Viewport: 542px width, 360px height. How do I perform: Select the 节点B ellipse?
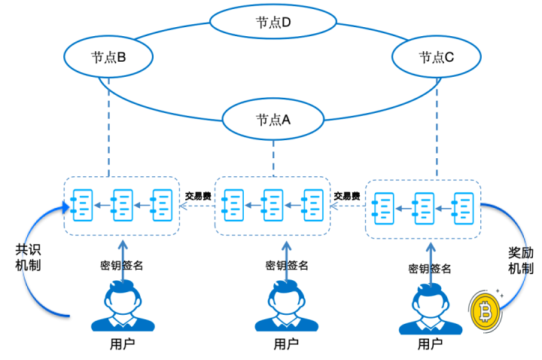pyautogui.click(x=108, y=56)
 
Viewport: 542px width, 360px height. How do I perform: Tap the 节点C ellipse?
pyautogui.click(x=436, y=56)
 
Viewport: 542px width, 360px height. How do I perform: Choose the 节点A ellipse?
pyautogui.click(x=273, y=120)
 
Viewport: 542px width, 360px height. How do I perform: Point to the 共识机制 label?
pyautogui.click(x=29, y=257)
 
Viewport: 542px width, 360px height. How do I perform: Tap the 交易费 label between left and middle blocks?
pyautogui.click(x=198, y=196)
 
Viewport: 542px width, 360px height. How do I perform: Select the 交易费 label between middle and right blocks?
pyautogui.click(x=346, y=196)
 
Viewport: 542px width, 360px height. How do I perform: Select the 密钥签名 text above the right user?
pyautogui.click(x=430, y=268)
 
